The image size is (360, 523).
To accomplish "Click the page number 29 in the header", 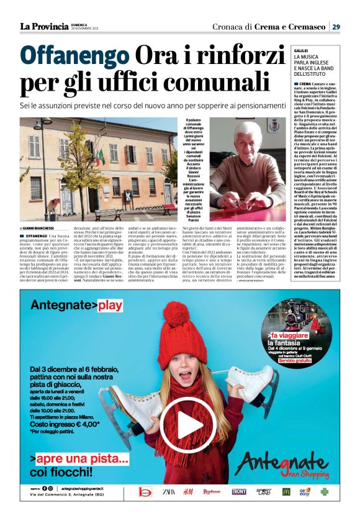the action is click(x=335, y=26).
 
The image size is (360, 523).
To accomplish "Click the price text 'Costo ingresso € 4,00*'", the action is click(x=67, y=425).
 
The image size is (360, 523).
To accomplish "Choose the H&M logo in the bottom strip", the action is click(x=187, y=491).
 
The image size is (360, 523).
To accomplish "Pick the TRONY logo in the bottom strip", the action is click(x=239, y=491).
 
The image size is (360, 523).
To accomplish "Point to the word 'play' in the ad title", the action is click(x=111, y=305).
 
